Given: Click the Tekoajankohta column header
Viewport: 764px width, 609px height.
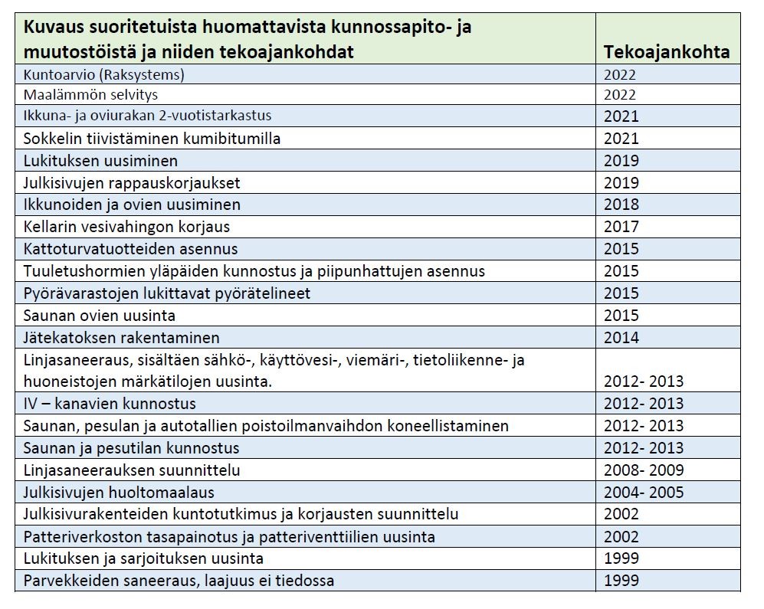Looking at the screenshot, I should click(666, 51).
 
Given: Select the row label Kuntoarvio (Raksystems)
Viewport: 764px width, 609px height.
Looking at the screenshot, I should click(104, 74).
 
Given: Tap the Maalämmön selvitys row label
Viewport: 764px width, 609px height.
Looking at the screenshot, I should click(90, 95).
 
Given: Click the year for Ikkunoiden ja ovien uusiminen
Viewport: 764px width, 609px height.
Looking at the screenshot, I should click(621, 205).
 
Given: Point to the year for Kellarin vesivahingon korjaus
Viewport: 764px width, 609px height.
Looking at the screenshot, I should click(621, 227).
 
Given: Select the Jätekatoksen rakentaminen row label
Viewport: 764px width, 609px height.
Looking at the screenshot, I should click(122, 337).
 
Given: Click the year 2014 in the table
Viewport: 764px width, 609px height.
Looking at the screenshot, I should click(621, 337).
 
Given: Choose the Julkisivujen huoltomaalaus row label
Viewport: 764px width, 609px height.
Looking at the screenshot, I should click(119, 492).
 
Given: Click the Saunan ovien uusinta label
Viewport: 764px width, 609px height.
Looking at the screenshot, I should click(100, 315).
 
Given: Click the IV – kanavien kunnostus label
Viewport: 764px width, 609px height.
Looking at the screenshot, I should click(110, 404).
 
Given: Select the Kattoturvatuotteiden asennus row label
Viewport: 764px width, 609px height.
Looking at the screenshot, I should click(130, 249).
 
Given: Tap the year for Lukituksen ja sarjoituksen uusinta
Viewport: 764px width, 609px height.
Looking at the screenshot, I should click(621, 558).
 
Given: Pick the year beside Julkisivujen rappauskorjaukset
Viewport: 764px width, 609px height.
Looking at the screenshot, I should click(621, 182).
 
